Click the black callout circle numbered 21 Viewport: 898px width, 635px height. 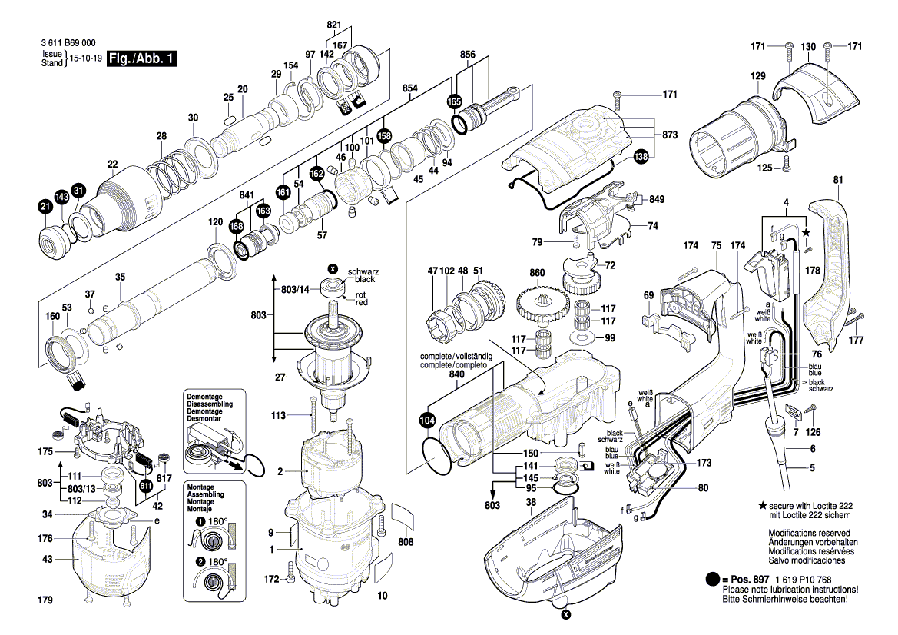pos(45,207)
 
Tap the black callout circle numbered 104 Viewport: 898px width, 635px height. pos(427,421)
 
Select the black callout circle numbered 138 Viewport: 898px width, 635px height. pos(641,156)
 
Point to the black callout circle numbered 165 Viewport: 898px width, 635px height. pos(454,101)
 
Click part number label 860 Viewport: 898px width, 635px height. pos(537,273)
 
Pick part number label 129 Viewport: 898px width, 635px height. pos(757,75)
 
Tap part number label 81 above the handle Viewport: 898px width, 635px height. pos(838,180)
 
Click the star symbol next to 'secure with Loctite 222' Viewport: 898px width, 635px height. pos(762,506)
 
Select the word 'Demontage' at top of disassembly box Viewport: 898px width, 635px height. pos(204,397)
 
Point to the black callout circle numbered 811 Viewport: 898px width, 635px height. pos(145,487)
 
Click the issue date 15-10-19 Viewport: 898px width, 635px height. pos(86,58)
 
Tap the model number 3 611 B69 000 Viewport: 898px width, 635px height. pos(68,43)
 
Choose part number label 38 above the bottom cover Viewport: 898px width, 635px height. pos(531,502)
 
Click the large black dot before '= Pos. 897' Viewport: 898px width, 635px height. pos(712,580)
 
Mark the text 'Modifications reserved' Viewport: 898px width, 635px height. pos(809,533)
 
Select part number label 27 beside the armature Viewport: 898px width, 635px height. pos(280,377)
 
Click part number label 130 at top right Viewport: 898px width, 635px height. pos(808,46)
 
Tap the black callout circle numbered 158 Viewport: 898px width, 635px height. pos(384,136)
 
